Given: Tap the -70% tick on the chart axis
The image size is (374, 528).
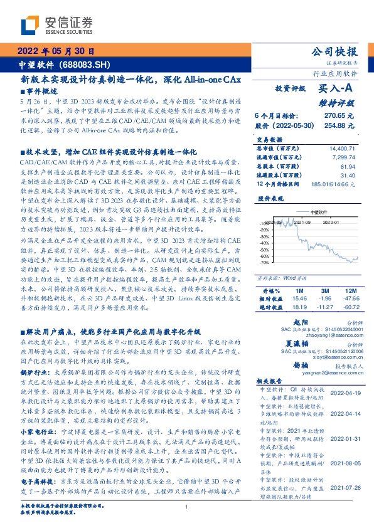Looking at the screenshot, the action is tap(264, 262).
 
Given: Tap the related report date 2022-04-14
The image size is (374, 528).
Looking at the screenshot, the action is tap(343, 414).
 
